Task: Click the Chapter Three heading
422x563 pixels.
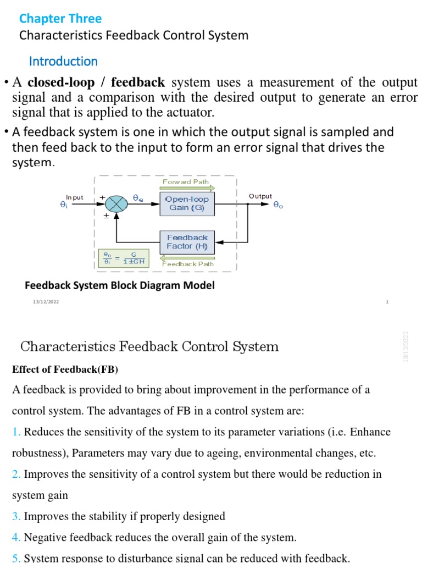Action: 60,19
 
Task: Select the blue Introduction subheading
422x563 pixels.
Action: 63,61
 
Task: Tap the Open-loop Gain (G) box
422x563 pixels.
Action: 187,203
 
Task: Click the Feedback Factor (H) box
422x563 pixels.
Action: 187,242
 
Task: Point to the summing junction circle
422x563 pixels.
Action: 116,203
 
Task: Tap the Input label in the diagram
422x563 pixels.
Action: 75,197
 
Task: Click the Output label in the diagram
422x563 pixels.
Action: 260,196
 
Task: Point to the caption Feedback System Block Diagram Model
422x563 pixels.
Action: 120,285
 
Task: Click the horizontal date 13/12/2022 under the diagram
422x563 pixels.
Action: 46,302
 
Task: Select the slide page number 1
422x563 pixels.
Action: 387,302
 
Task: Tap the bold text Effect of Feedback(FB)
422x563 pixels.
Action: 65,369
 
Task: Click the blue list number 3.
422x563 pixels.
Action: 15,516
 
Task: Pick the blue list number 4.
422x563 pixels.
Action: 15,537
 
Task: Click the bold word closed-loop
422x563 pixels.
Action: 61,83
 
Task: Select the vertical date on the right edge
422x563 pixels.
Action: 407,346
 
